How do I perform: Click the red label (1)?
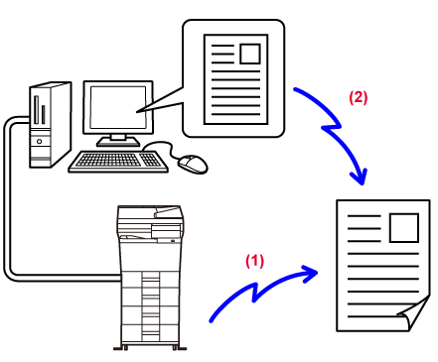tap(254, 261)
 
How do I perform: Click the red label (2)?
tap(359, 97)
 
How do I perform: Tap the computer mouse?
tap(193, 164)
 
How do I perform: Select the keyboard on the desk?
tap(118, 162)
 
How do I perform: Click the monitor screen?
tap(118, 107)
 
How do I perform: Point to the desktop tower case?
tap(51, 125)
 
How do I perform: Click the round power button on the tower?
tap(40, 142)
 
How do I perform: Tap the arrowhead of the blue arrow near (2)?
tap(361, 177)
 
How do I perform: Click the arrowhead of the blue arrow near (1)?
tap(310, 273)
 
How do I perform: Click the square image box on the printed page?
tap(404, 228)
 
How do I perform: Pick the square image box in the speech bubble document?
tap(250, 54)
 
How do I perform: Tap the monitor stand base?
tap(118, 143)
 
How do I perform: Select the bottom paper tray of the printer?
tap(151, 333)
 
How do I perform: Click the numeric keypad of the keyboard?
tap(151, 160)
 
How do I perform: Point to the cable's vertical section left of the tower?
tap(7, 198)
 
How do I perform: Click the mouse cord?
tap(162, 146)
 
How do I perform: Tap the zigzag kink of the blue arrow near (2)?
tap(331, 126)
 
